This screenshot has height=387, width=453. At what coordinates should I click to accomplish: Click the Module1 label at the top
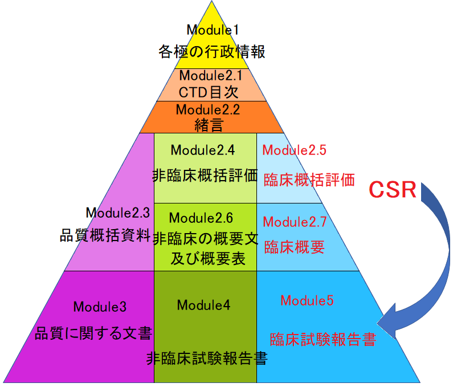point(212,30)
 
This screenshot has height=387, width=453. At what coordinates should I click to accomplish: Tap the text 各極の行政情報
point(212,52)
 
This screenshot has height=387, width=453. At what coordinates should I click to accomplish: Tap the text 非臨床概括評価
point(205,176)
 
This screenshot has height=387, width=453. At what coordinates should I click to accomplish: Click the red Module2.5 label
point(294,150)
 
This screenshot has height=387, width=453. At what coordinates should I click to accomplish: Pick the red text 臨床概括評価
point(309,180)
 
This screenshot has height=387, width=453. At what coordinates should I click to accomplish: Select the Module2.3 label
point(117,213)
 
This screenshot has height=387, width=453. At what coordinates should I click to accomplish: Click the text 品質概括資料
point(105,235)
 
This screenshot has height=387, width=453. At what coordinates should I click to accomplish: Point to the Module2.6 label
point(201,218)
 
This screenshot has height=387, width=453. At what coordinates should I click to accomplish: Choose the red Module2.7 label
point(295,221)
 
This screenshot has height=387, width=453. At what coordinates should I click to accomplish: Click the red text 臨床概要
point(294,247)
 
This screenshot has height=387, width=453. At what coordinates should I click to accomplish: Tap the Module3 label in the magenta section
point(100,307)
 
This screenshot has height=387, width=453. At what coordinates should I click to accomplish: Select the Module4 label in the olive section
point(203,305)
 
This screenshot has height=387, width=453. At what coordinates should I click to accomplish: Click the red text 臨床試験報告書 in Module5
point(323,340)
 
